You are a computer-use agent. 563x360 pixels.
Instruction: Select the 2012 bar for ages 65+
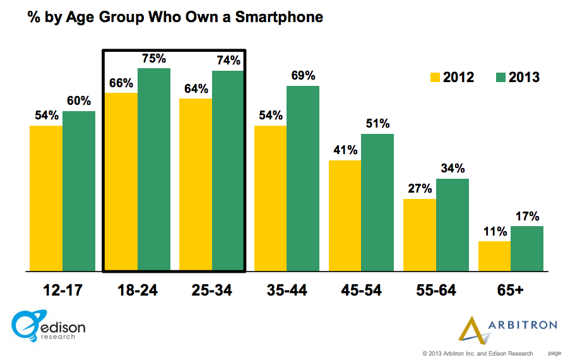click(x=494, y=256)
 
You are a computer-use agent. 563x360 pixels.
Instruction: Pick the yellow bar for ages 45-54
click(x=345, y=215)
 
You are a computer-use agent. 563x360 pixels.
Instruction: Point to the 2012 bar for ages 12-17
click(x=46, y=198)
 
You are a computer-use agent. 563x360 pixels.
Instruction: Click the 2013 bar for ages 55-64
click(x=453, y=225)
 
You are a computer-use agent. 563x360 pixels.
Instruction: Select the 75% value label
click(x=154, y=59)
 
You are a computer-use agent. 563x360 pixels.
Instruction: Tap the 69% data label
click(x=303, y=76)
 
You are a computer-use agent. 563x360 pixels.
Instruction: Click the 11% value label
click(x=494, y=231)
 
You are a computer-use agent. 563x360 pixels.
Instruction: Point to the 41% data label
click(x=345, y=150)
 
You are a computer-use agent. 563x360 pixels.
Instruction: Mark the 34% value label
click(x=453, y=169)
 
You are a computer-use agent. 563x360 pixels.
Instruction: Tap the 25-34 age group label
click(x=211, y=290)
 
